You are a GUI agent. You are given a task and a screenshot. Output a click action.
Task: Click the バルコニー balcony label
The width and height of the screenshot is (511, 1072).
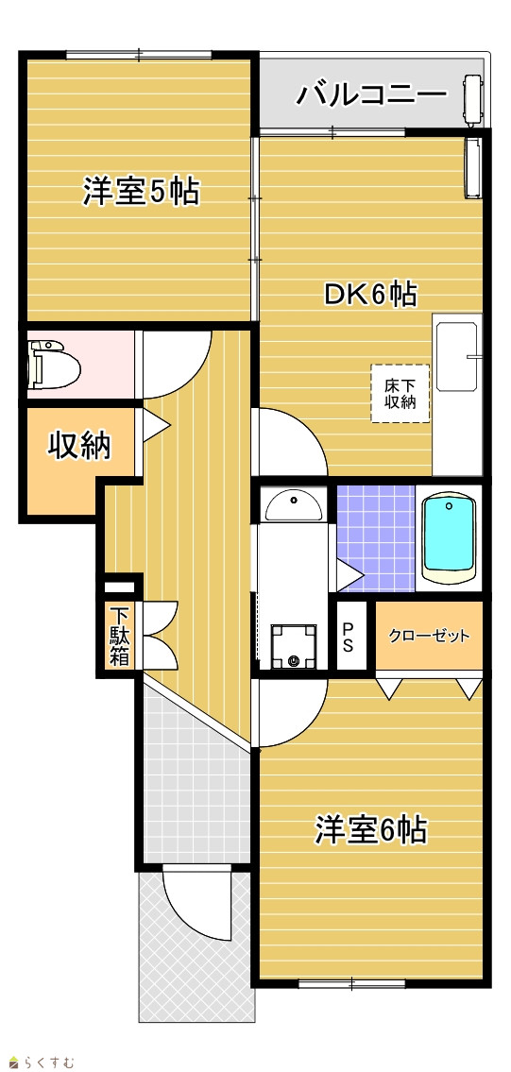(x=371, y=94)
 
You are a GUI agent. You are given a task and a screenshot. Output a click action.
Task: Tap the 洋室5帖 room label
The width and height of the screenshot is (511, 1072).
(x=142, y=192)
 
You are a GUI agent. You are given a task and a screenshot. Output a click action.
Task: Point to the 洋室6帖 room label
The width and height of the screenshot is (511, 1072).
(x=371, y=830)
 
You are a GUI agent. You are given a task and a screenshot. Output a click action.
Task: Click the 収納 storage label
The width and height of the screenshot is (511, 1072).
(x=78, y=447)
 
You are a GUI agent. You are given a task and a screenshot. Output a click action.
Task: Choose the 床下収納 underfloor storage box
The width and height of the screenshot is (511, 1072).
(x=400, y=393)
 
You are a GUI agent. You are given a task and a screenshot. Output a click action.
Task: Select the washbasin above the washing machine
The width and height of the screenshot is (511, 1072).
(x=293, y=504)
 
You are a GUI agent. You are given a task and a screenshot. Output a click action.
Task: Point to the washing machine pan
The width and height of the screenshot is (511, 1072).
(x=294, y=646)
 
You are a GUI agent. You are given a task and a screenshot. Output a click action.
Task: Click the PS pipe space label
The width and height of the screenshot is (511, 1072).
(x=348, y=637)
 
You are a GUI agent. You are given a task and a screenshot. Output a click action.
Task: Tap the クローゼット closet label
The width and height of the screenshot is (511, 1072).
(x=429, y=637)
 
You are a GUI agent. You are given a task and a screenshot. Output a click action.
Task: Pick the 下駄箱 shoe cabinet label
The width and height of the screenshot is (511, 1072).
(x=120, y=637)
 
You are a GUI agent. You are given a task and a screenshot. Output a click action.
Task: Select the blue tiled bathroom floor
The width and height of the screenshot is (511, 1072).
(x=376, y=538)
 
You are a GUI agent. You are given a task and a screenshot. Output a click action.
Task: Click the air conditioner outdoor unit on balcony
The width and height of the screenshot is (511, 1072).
(x=473, y=100)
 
